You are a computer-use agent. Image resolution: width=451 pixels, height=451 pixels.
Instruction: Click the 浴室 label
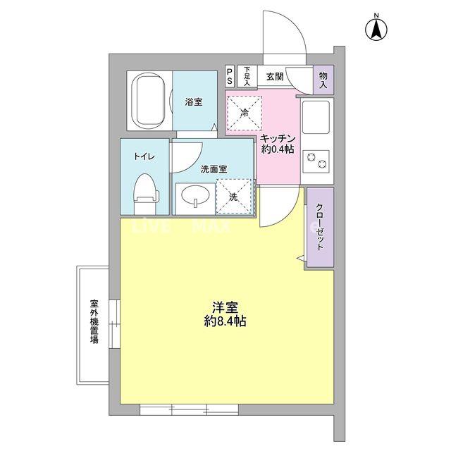(x=194, y=102)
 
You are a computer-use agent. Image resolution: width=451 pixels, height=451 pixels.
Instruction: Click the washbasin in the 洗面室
(x=192, y=198)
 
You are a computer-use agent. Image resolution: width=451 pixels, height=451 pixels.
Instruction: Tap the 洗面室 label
(x=214, y=169)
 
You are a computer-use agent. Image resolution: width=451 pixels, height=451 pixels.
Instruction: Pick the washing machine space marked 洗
(x=233, y=197)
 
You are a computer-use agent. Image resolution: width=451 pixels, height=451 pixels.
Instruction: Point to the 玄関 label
(x=275, y=76)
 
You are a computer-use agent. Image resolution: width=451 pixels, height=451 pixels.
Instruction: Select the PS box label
(x=230, y=76)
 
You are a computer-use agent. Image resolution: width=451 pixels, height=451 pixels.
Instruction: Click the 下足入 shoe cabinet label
(x=247, y=76)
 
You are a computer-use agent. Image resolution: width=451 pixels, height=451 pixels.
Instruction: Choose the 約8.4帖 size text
(x=225, y=321)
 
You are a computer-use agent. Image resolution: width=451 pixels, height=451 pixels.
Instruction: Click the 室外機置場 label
(x=93, y=321)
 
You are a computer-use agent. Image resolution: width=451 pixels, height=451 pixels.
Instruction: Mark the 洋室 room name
(x=225, y=307)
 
